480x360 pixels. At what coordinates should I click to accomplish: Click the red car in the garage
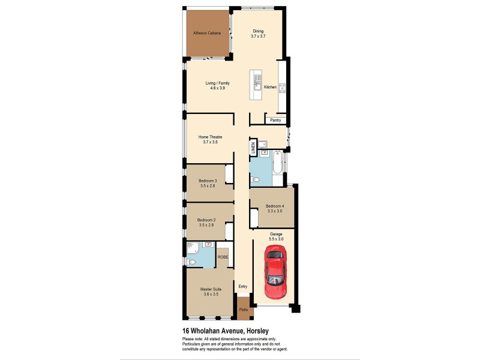(x=275, y=274)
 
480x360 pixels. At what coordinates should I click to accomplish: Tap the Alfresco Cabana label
(x=207, y=33)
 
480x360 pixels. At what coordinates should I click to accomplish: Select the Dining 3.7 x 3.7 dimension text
(x=258, y=37)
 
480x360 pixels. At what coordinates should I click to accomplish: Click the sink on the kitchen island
(x=257, y=79)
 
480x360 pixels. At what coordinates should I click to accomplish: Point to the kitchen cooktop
(x=282, y=88)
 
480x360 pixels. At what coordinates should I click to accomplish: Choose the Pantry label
(x=275, y=121)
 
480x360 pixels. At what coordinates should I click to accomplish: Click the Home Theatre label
(x=210, y=137)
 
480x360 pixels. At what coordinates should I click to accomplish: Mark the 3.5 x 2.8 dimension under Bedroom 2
(x=206, y=225)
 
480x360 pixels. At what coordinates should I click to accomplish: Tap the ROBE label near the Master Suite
(x=223, y=257)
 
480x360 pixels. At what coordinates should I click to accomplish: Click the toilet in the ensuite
(x=192, y=262)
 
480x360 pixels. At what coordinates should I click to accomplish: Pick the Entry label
(x=243, y=286)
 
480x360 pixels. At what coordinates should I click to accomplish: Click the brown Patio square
(x=243, y=310)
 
